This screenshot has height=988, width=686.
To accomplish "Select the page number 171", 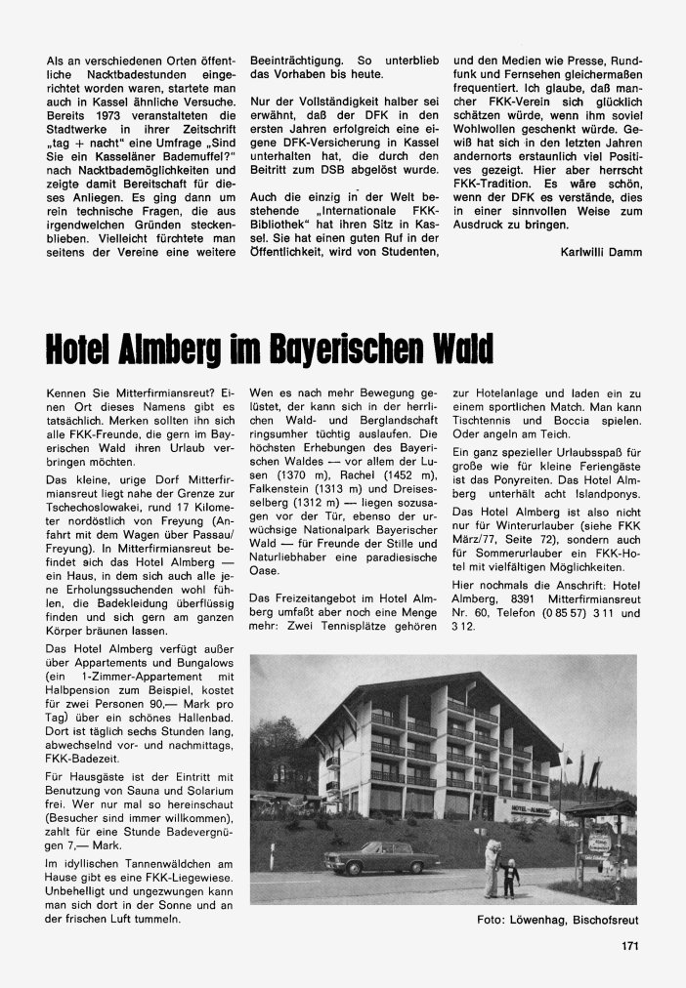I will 629,945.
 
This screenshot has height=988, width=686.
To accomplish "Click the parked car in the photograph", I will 382,856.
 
